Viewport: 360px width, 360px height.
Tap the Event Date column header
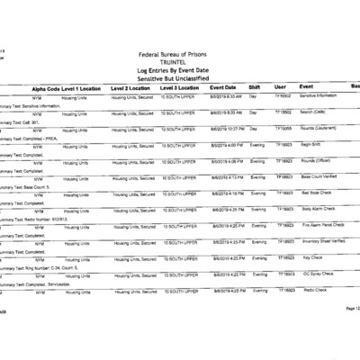pyautogui.click(x=225, y=87)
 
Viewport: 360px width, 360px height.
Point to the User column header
pyautogui.click(x=281, y=87)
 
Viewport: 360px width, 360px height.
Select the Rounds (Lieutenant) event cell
pyautogui.click(x=319, y=129)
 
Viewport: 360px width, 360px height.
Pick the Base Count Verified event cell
pyautogui.click(x=320, y=177)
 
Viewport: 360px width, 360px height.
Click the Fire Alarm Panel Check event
pyautogui.click(x=324, y=226)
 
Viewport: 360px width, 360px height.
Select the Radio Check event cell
pyautogui.click(x=314, y=291)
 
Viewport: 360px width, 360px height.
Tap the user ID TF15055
pyautogui.click(x=284, y=129)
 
